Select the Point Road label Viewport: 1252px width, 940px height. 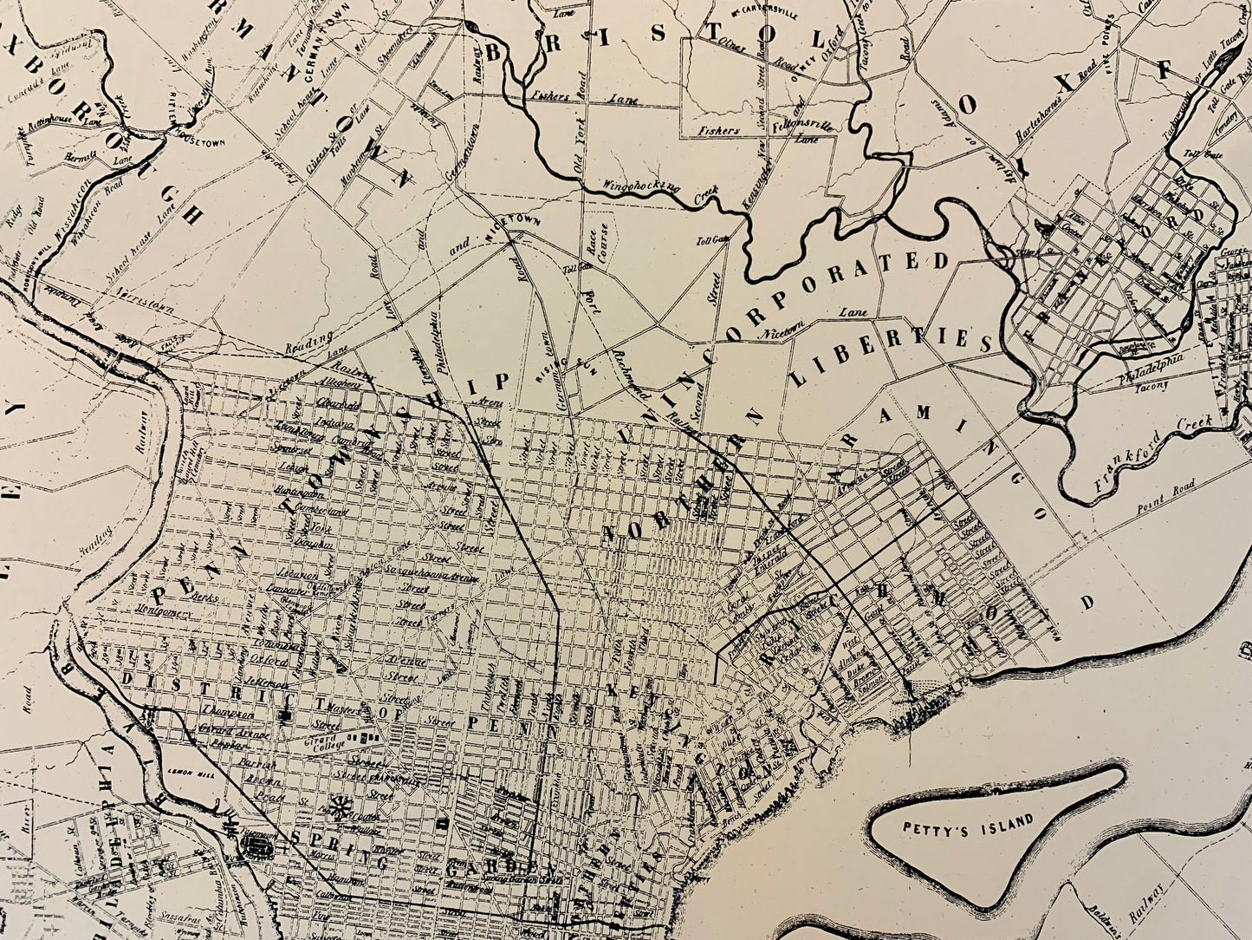(x=1169, y=489)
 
